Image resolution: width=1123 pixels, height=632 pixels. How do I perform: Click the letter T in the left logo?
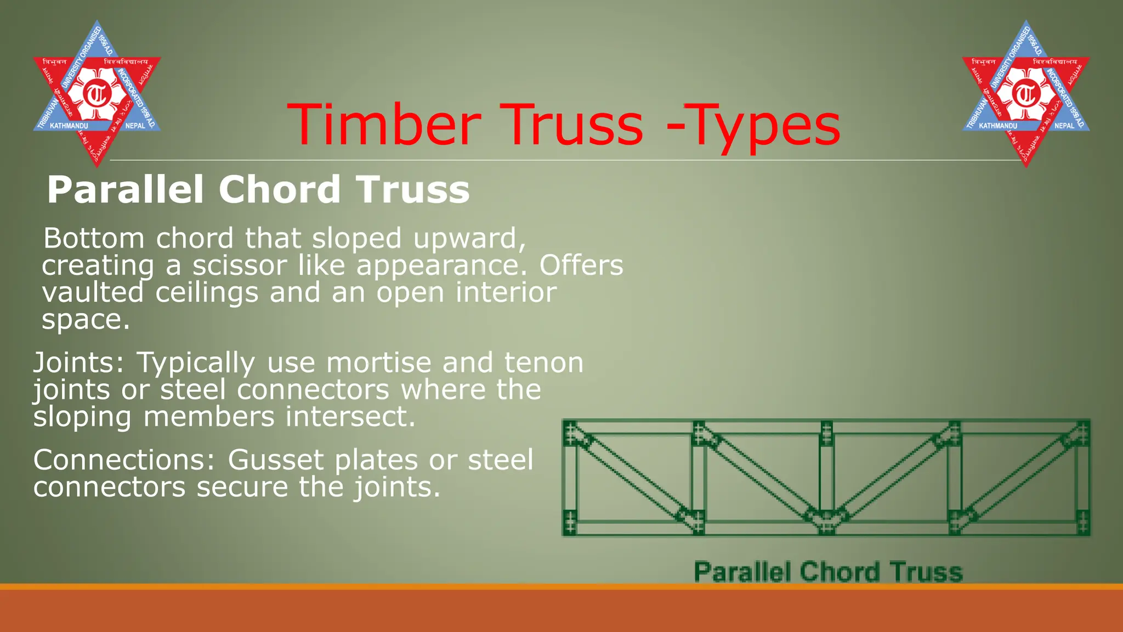97,94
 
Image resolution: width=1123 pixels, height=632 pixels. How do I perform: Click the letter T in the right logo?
1025,94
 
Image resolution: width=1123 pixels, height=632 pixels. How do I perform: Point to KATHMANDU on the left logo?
69,126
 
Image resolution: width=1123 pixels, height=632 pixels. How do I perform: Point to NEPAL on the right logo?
1064,126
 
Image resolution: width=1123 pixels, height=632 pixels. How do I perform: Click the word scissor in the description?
239,266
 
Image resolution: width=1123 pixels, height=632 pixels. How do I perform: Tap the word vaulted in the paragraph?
93,292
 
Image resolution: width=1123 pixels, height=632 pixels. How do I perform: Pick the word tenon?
543,363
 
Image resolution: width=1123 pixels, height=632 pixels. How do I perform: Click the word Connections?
124,460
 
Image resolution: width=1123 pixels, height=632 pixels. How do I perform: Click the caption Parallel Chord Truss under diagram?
828,572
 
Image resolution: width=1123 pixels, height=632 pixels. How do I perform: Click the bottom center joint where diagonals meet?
826,518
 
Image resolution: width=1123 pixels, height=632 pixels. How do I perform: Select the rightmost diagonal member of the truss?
1020,476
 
